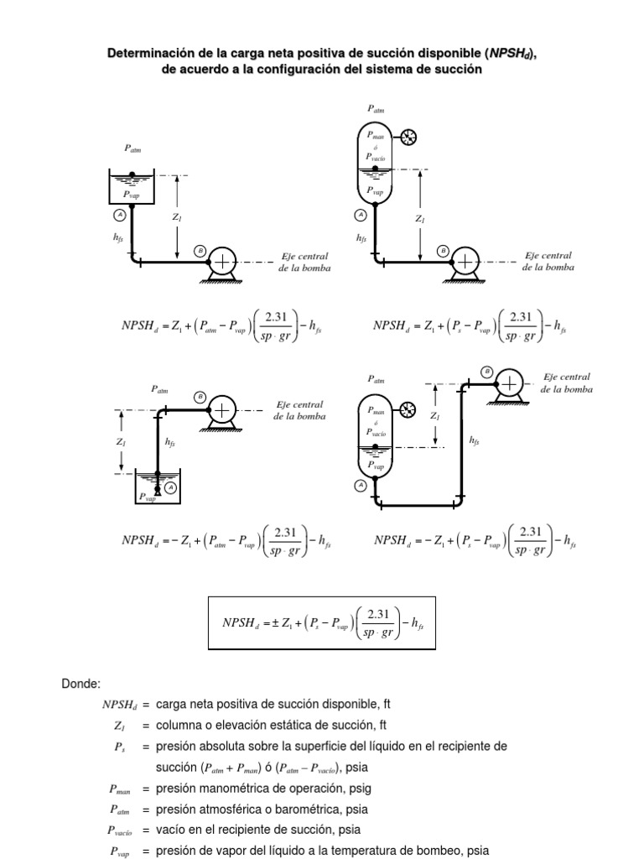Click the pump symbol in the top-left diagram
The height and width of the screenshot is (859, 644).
[222, 263]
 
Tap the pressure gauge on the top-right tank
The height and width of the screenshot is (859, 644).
[409, 138]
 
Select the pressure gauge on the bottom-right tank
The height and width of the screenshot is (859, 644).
[408, 409]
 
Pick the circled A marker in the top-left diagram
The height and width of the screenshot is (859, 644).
[117, 215]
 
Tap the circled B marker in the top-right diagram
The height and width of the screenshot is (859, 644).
[443, 250]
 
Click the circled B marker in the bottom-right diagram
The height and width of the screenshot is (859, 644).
[486, 371]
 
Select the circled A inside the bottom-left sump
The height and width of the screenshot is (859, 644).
[171, 487]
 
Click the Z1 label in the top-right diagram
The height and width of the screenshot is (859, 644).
[420, 219]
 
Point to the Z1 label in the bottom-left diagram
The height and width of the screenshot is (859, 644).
[122, 441]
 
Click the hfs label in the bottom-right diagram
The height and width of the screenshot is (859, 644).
[475, 440]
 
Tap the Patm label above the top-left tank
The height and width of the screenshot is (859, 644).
[132, 148]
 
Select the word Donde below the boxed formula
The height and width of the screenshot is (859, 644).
[80, 684]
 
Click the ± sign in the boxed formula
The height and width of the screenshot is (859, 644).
[274, 622]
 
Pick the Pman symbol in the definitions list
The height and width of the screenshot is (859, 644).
[120, 789]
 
